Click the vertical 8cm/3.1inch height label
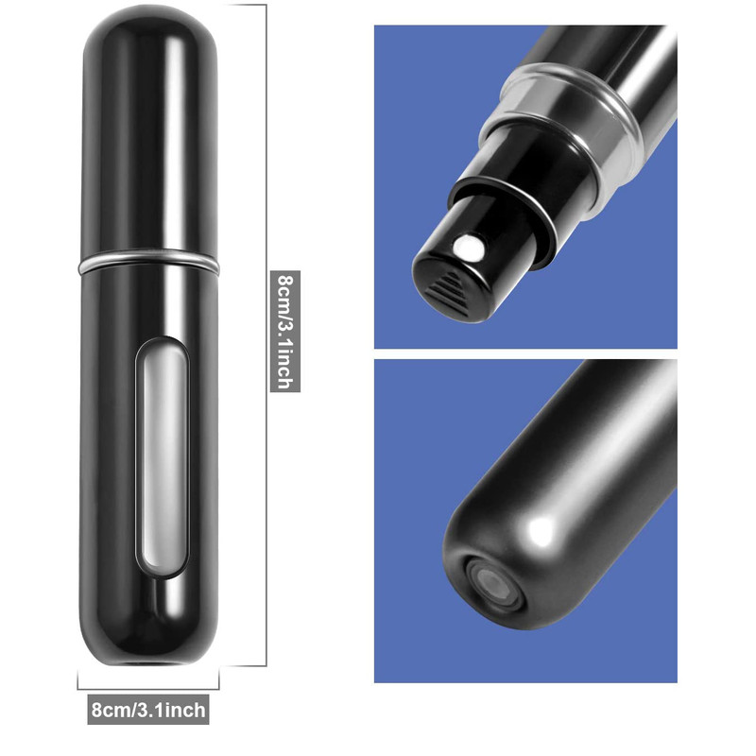tap(285, 331)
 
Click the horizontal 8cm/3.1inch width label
tap(148, 710)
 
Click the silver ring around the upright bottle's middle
tap(148, 261)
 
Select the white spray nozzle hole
tap(469, 247)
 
